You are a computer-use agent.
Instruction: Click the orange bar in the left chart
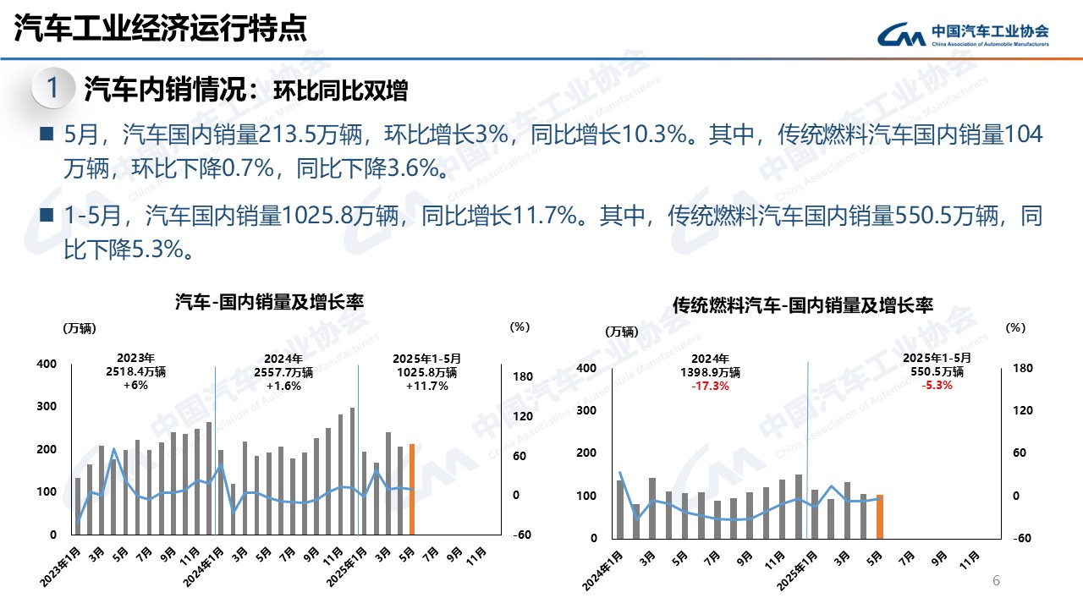point(412,489)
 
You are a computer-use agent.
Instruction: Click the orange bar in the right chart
point(880,516)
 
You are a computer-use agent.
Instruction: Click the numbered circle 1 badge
point(52,88)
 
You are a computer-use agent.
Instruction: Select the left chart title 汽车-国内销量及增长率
point(269,301)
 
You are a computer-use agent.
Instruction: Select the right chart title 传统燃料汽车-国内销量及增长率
point(803,305)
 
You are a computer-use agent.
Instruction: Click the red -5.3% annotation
point(937,385)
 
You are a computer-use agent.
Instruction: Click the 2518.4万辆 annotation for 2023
point(135,371)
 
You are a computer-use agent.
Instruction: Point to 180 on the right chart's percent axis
point(1024,368)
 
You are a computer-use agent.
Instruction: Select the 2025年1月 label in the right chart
point(796,569)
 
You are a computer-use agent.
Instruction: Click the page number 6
point(996,581)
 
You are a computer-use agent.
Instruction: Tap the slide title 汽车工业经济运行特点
point(161,30)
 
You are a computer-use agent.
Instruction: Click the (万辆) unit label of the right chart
point(622,332)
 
